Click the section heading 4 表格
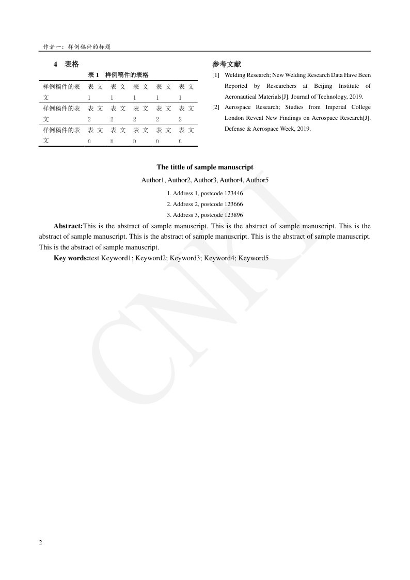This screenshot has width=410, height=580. (66, 65)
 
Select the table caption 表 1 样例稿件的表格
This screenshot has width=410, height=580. (118, 75)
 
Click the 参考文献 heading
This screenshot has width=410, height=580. (226, 65)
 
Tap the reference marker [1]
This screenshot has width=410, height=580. (216, 75)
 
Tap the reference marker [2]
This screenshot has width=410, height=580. (216, 107)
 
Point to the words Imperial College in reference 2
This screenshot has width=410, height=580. (351, 107)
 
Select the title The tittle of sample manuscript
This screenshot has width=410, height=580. (205, 167)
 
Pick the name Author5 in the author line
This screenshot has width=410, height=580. (257, 180)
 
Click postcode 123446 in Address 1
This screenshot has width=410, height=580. (233, 193)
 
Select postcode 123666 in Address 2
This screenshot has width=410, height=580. (233, 204)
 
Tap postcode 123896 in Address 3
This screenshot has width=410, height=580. (233, 215)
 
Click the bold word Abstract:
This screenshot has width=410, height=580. (68, 226)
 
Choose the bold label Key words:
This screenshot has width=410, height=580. (71, 258)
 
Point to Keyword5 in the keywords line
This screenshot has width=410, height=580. (254, 258)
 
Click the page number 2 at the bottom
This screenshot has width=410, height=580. (41, 542)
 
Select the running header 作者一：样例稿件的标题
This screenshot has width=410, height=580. (77, 46)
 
